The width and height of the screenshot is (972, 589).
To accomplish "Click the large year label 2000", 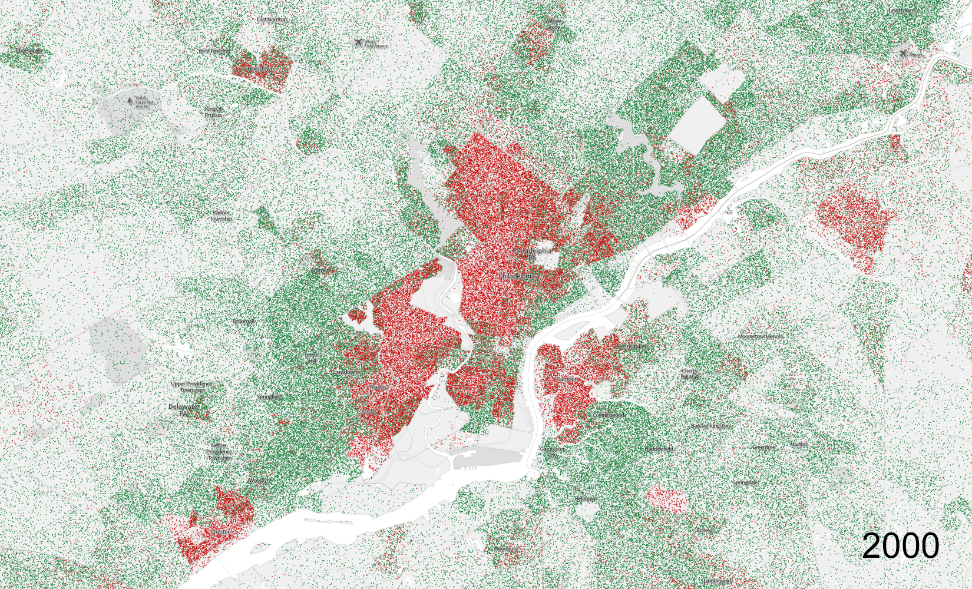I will point(900,545).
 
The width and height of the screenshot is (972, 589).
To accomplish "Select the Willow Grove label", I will point(553,24).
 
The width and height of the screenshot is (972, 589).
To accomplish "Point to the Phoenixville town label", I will point(29,51).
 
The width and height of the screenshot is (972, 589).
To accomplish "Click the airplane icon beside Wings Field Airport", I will point(358,42).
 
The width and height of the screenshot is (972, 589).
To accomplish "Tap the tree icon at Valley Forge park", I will point(130,101).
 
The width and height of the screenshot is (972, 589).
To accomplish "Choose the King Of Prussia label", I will point(214,112).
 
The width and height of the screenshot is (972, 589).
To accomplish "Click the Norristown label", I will point(260,69).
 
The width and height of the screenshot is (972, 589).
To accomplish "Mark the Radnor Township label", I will point(221,216).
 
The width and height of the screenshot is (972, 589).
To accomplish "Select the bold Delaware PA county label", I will point(183,410).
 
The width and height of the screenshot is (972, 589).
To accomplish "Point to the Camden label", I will point(567,379).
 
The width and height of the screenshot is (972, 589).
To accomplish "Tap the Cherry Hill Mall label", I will point(689,373).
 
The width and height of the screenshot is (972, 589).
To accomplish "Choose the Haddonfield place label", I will point(659,449).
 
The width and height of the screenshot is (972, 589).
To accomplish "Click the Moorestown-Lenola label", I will point(761,336).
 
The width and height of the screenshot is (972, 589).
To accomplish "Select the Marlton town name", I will point(799,445).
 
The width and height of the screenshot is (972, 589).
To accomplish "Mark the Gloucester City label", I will point(552,452).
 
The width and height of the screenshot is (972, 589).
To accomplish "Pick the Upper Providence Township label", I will point(191,387).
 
